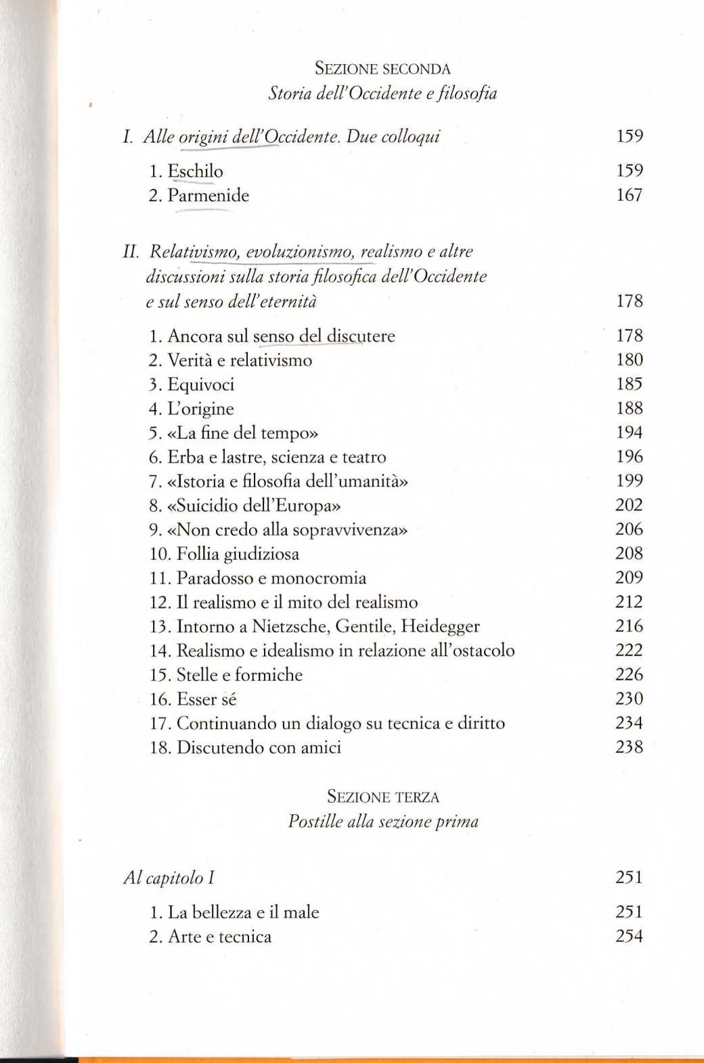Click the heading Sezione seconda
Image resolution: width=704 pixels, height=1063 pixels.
pos(382,68)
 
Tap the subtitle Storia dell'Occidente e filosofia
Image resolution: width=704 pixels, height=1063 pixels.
pos(382,93)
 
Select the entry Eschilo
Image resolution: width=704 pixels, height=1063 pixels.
pos(195,171)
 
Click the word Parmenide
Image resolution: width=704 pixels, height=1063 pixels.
pos(208,195)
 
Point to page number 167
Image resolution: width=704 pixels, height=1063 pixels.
pos(629,195)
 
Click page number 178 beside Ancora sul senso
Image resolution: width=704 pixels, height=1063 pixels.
pos(629,335)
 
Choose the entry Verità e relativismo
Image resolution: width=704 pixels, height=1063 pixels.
pos(239,360)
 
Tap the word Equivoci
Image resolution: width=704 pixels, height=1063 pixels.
pos(200,384)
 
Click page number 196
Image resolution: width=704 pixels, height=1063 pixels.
pos(629,456)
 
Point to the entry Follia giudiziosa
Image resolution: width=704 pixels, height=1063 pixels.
pos(237,554)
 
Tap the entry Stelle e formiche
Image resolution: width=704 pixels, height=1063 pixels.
pos(239,675)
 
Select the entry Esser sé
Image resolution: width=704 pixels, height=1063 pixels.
pos(206,699)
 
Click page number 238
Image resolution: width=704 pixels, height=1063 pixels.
pos(629,747)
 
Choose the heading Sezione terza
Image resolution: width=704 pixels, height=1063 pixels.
pos(383,797)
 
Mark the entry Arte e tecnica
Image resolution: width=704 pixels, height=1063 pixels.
pos(219,937)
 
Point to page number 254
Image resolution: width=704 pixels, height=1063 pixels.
pos(629,937)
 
